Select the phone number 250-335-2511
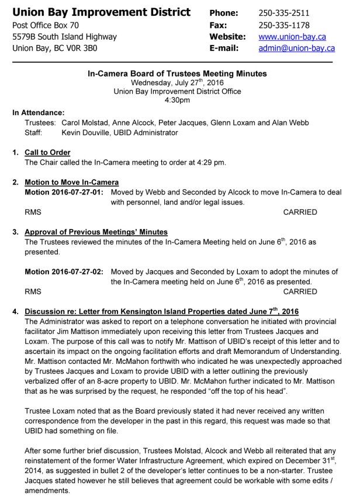[x=284, y=13]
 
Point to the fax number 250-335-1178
[x=284, y=25]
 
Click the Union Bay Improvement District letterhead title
[x=101, y=12]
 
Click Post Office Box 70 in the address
[x=46, y=25]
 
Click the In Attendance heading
[x=39, y=113]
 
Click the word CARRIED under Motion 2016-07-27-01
[x=300, y=212]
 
